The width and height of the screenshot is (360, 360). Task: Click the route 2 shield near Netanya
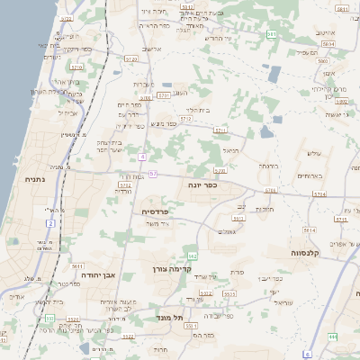(51, 222)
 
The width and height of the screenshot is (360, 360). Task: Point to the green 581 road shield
(272, 34)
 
